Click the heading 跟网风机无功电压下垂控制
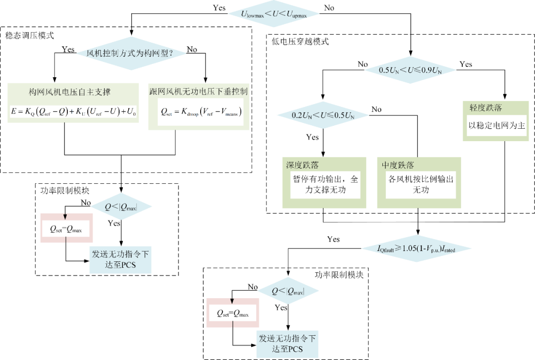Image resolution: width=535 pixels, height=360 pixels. (198, 92)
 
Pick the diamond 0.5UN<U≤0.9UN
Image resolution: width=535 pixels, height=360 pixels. (410, 70)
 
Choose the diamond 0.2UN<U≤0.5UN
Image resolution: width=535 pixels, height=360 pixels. (323, 115)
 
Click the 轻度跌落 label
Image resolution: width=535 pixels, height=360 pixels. (482, 107)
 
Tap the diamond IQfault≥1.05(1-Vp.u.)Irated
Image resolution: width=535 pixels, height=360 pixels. (417, 248)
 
